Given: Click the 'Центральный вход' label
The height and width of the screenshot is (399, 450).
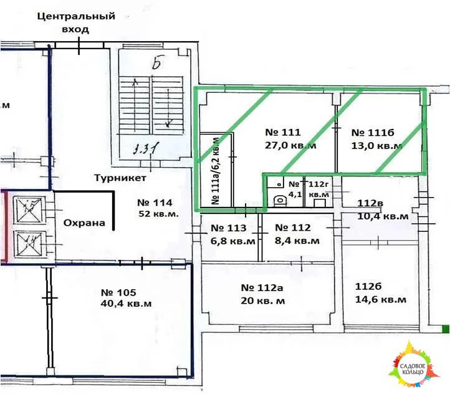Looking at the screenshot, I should pos(75,22).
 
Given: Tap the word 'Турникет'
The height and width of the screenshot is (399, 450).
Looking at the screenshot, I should pos(120,178).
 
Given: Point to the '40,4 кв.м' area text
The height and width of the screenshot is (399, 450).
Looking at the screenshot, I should pos(127,304).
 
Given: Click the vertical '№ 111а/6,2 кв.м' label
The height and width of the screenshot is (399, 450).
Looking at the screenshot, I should pos(216,171).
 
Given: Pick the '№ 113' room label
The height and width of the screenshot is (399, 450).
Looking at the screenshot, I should pos(229,228).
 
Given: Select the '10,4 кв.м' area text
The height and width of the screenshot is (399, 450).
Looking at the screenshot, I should pos(383,216).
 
